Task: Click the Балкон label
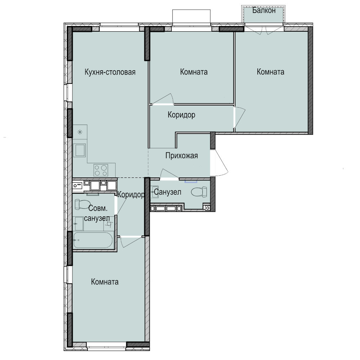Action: [x=264, y=10]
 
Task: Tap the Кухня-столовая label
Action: [x=110, y=72]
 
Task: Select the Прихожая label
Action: [x=181, y=156]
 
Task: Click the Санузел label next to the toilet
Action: [x=167, y=192]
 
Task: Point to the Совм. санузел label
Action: [x=97, y=213]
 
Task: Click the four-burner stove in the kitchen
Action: [x=101, y=170]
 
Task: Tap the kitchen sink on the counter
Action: [x=80, y=150]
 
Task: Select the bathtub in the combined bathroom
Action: [x=93, y=240]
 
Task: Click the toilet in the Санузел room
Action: [x=199, y=192]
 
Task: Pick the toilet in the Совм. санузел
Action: [x=82, y=204]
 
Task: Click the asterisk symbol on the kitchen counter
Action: [x=80, y=132]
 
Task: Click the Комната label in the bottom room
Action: [x=105, y=282]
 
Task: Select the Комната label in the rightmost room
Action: [x=270, y=72]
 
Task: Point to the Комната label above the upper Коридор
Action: [x=194, y=72]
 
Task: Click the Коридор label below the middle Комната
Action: [x=181, y=115]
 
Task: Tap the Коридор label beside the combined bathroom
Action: [x=131, y=195]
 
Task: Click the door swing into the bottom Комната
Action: [x=131, y=242]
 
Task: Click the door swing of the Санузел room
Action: [x=170, y=174]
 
